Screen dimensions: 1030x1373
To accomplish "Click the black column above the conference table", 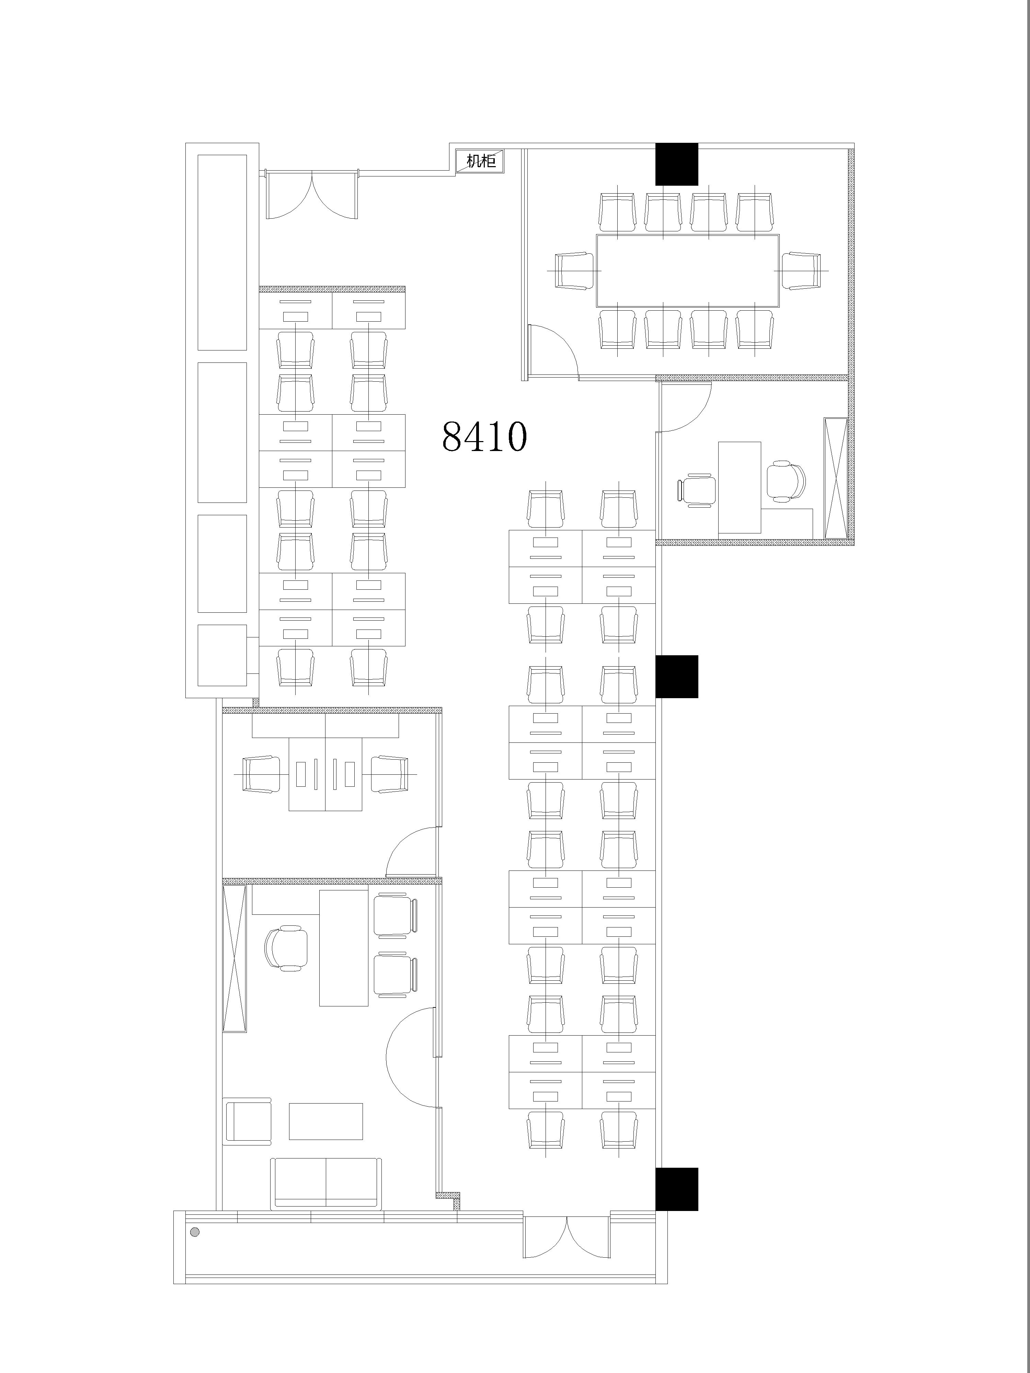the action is pyautogui.click(x=677, y=164).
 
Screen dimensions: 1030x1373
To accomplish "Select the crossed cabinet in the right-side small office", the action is pyautogui.click(x=835, y=478).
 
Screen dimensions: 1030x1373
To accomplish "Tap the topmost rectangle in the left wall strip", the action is pyautogui.click(x=222, y=253).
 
